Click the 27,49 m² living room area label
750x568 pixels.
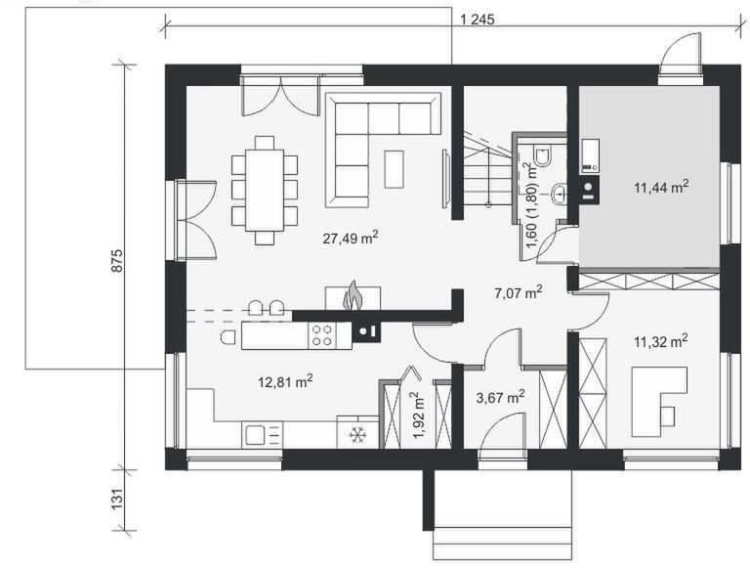(x=351, y=238)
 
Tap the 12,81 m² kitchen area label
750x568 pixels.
(x=285, y=381)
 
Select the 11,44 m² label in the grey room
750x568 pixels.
(x=661, y=187)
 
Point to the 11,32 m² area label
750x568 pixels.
(x=661, y=341)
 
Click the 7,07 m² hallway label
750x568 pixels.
(x=518, y=291)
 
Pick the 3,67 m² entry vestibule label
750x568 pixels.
(x=500, y=397)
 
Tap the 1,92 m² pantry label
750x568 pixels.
(x=418, y=415)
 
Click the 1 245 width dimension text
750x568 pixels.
(x=477, y=20)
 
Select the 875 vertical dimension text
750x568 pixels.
(x=117, y=261)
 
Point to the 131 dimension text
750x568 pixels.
(x=117, y=499)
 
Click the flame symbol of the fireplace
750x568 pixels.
(x=354, y=295)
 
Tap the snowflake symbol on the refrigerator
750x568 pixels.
(x=356, y=435)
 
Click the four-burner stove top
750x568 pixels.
(x=322, y=335)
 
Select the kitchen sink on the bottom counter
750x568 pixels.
(x=255, y=435)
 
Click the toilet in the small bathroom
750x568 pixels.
(x=544, y=154)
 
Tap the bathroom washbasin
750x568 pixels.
(x=559, y=194)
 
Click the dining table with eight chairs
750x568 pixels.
(x=265, y=190)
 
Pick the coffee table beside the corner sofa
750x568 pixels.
(x=394, y=169)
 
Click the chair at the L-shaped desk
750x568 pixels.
(x=668, y=415)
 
